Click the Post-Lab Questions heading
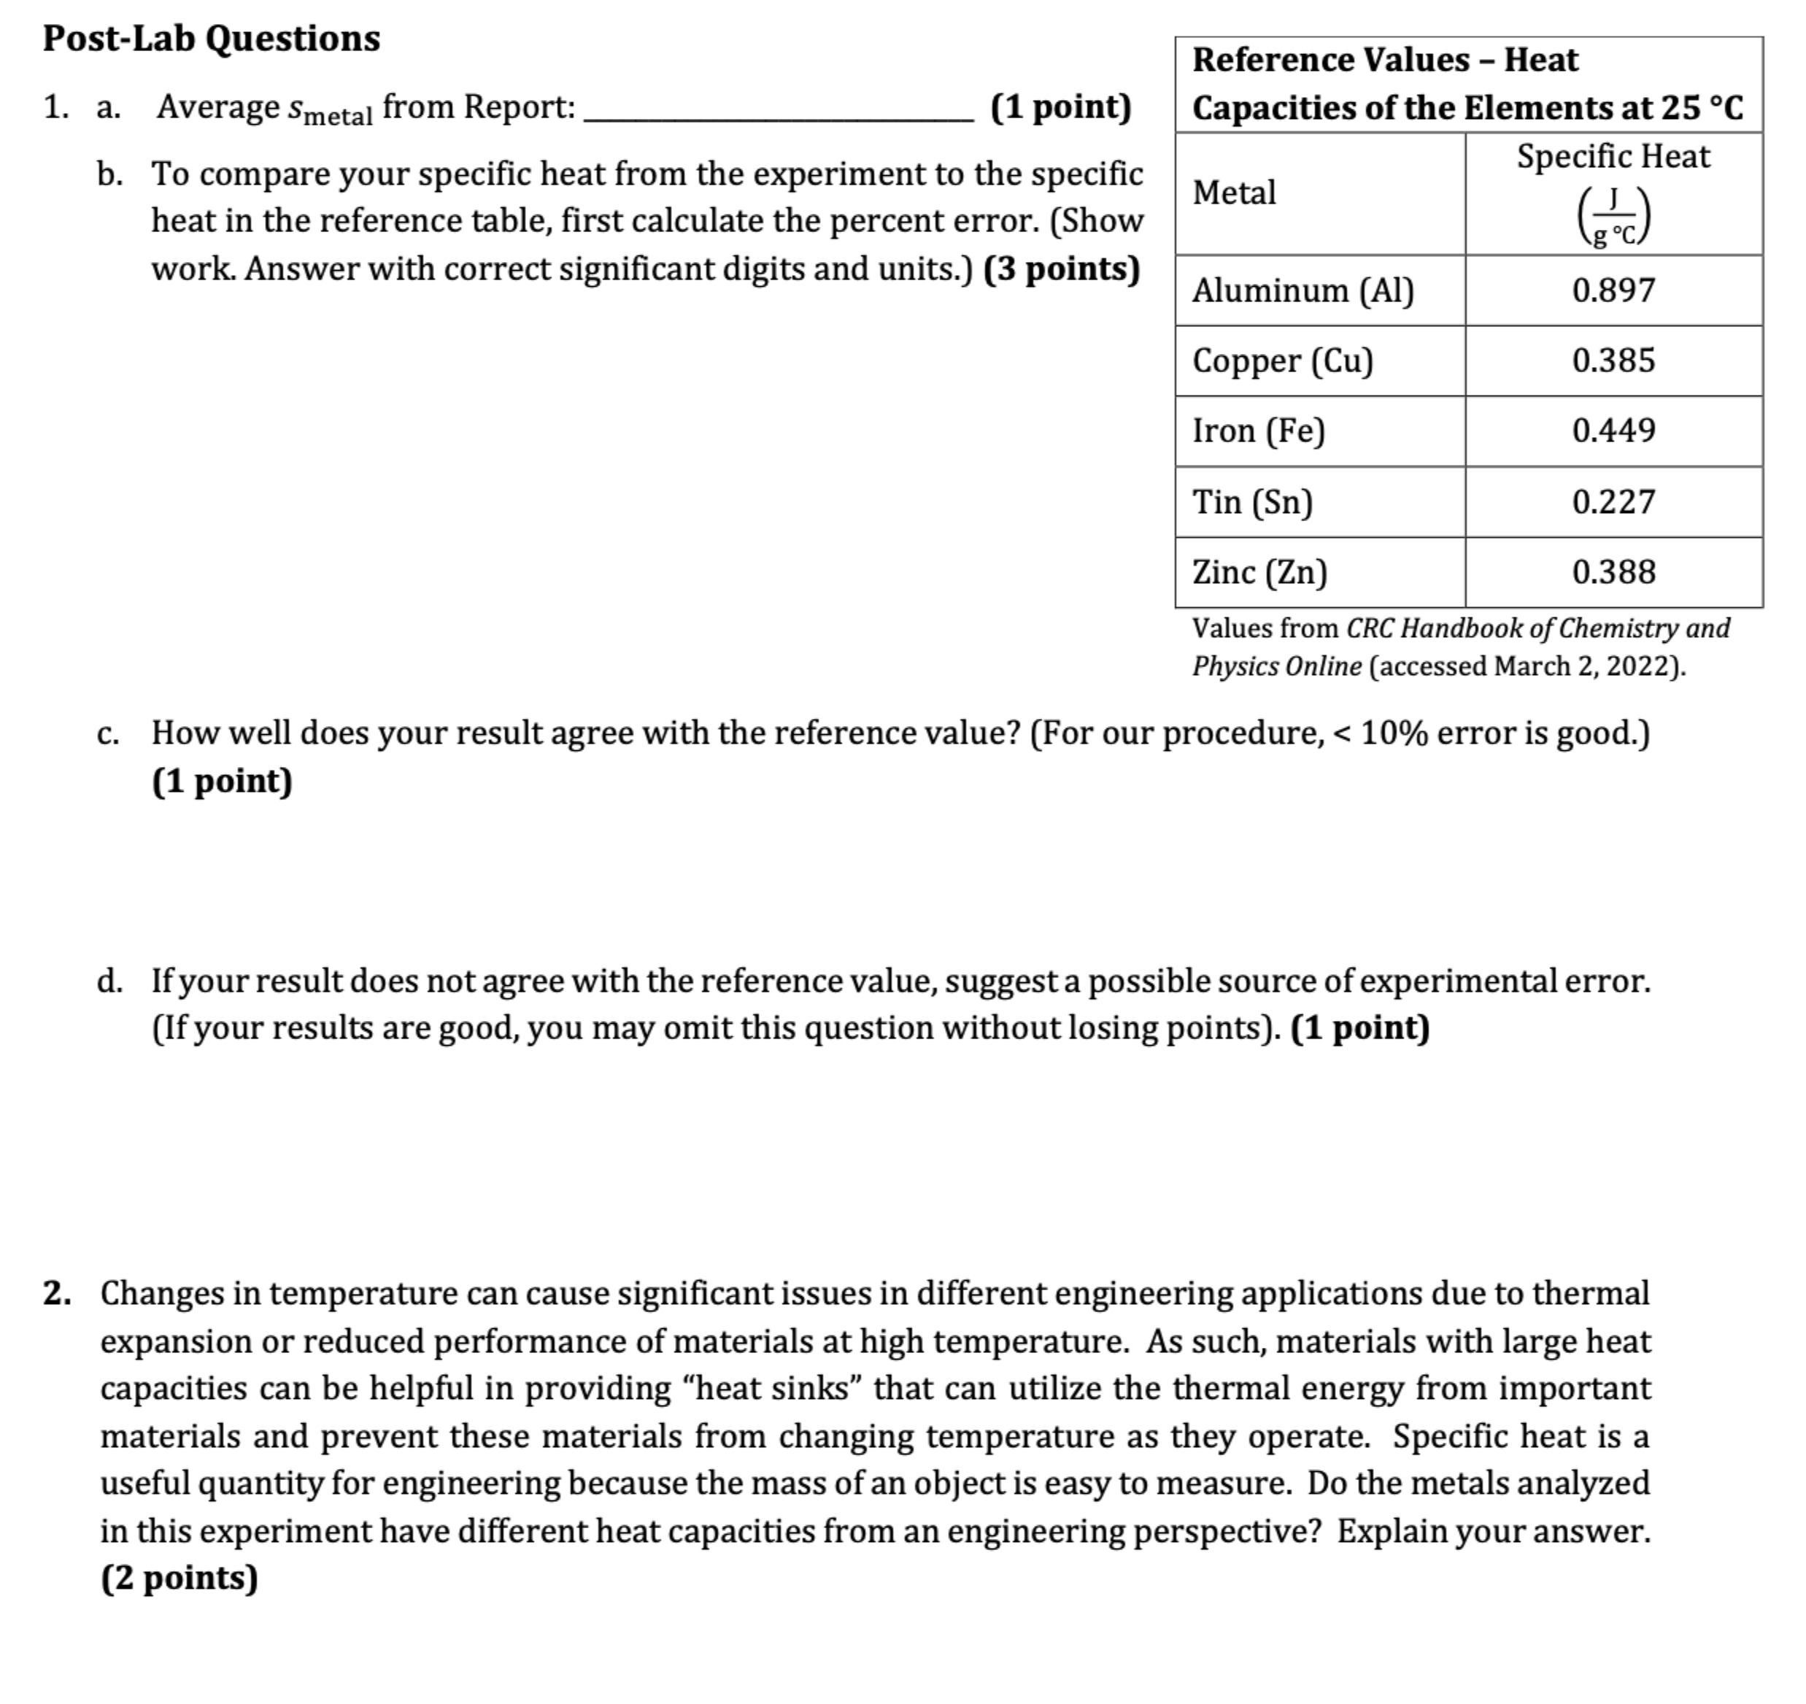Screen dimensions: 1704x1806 pos(212,38)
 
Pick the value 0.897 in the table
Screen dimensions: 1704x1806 pos(1613,290)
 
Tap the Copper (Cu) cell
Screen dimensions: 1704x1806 pos(1283,361)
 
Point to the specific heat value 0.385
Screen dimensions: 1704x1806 pos(1613,361)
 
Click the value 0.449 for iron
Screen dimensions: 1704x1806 pos(1613,431)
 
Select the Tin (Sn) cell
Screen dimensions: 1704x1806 pos(1253,501)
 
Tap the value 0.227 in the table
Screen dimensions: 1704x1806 pos(1613,501)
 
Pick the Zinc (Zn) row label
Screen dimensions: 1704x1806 pos(1259,572)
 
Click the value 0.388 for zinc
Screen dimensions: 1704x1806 pos(1613,572)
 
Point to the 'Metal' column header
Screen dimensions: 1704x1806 pos(1234,193)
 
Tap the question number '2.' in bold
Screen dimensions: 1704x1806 pos(57,1292)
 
